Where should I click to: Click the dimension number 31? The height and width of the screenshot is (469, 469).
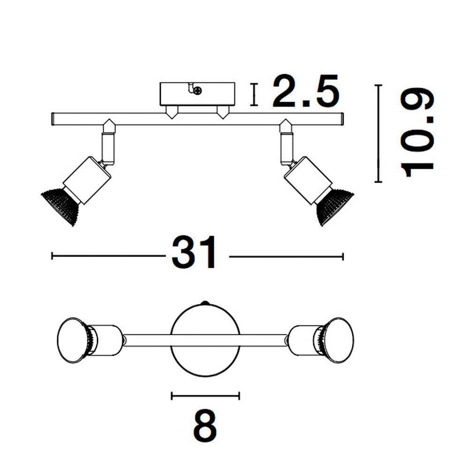point(194,253)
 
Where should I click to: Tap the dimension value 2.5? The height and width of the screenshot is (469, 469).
point(306,91)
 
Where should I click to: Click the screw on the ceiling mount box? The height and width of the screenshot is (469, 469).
point(197,91)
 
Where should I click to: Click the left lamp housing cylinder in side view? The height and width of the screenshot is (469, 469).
point(87,180)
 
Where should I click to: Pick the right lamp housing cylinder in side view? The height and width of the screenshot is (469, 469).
point(308,180)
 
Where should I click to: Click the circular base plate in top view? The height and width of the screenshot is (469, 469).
point(205,340)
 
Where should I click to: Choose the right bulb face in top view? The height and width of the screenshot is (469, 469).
point(339,340)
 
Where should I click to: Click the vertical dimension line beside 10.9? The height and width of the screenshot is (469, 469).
point(378,133)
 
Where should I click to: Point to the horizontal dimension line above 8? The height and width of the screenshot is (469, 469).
point(205,396)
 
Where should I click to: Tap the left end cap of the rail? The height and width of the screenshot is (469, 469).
point(53,119)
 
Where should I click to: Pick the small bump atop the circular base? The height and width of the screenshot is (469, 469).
point(205,303)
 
